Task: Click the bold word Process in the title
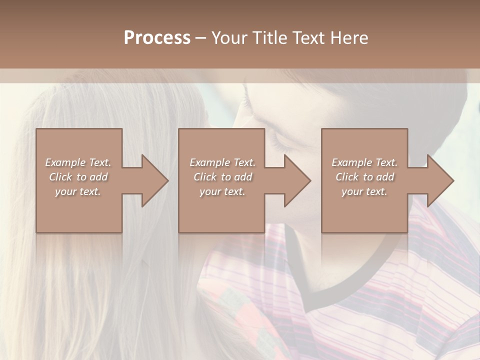[157, 38]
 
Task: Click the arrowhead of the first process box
[155, 180]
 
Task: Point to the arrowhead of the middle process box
[297, 180]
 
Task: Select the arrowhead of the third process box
[440, 180]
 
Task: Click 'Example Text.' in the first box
[78, 162]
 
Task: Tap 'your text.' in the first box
[78, 191]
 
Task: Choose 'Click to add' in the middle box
[222, 177]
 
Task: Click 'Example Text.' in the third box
[364, 162]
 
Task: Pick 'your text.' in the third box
[364, 191]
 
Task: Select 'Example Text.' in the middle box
[222, 162]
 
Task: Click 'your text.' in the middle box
[222, 191]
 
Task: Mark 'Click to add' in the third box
[364, 177]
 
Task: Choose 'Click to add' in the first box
[78, 177]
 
